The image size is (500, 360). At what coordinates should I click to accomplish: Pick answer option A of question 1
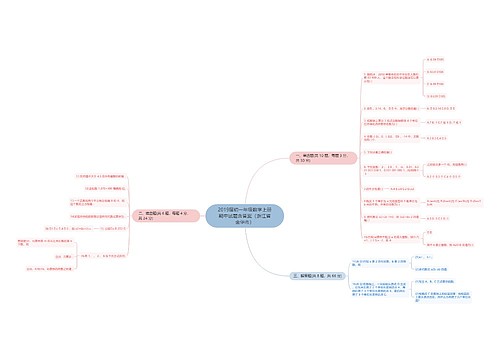(x=435, y=59)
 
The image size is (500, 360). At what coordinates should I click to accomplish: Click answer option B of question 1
(x=435, y=73)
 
